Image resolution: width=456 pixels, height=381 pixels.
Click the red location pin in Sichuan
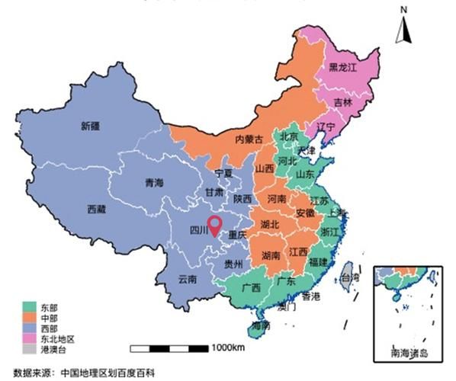pos(215,224)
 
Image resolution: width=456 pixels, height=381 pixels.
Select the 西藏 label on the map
pos(96,208)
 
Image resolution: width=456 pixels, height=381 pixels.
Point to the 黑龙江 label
pos(342,67)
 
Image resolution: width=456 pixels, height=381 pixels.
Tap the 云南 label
pos(188,279)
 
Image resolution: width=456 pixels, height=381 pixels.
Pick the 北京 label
pos(289,137)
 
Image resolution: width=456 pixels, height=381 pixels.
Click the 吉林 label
pos(343,102)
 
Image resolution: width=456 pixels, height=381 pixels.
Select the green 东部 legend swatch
pos(28,307)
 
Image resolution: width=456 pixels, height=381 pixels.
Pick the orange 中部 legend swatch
pos(28,317)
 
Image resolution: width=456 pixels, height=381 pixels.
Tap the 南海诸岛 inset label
pos(409,354)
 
